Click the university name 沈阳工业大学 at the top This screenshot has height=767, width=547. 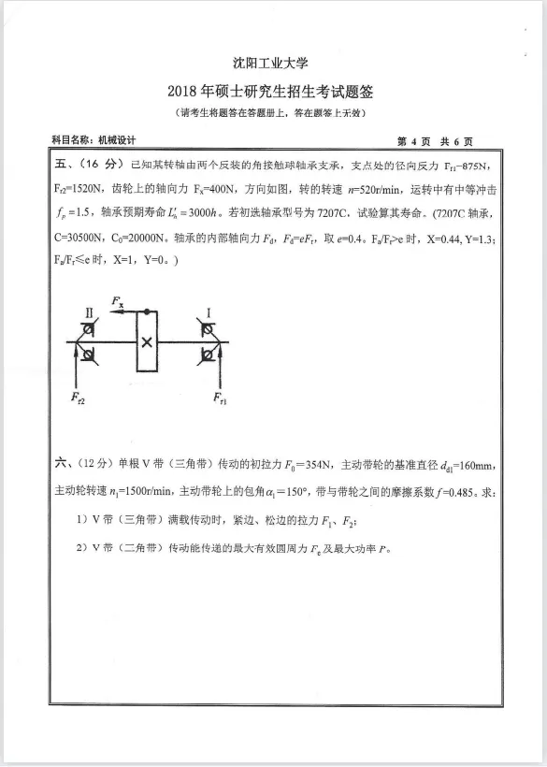pyautogui.click(x=272, y=64)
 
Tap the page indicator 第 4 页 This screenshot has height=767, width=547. pyautogui.click(x=413, y=141)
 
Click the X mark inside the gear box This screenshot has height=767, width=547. pyautogui.click(x=147, y=341)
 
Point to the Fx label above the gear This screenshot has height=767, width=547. pyautogui.click(x=117, y=301)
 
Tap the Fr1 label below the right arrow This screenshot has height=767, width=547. pyautogui.click(x=221, y=399)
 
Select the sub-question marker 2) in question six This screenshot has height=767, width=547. pyautogui.click(x=81, y=547)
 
